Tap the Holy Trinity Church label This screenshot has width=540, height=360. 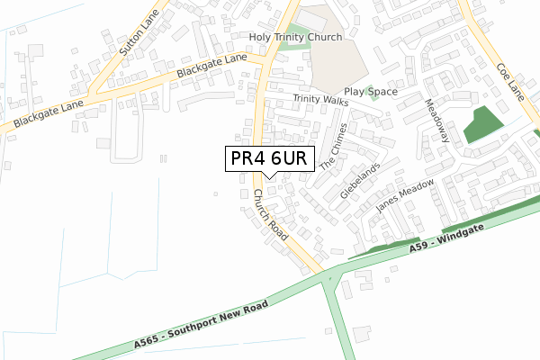pyautogui.click(x=297, y=38)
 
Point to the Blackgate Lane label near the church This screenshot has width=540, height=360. pyautogui.click(x=211, y=65)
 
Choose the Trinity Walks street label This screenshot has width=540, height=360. pyautogui.click(x=319, y=100)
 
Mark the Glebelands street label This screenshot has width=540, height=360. pyautogui.click(x=360, y=181)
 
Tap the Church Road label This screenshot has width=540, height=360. pyautogui.click(x=269, y=214)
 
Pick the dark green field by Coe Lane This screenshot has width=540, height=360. pyautogui.click(x=484, y=124)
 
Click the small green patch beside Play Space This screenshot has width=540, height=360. pyautogui.click(x=369, y=91)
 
